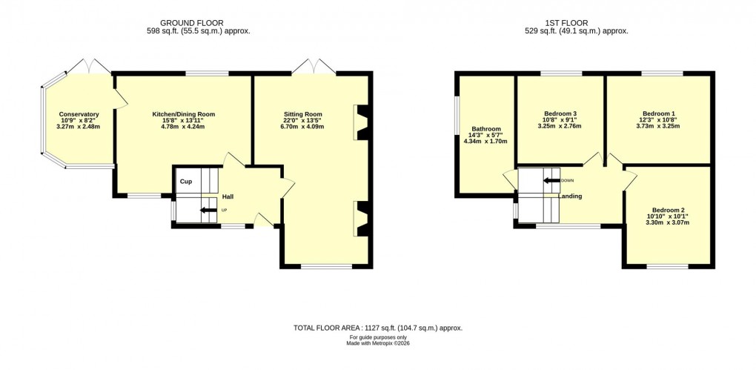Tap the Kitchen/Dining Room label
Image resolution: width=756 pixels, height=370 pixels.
click(x=183, y=114)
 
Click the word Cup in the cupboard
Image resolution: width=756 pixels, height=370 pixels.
click(x=186, y=181)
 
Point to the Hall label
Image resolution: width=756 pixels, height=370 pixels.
click(x=228, y=196)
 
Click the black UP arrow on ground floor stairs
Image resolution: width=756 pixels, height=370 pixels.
click(x=209, y=211)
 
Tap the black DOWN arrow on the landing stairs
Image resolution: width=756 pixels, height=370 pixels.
click(x=551, y=180)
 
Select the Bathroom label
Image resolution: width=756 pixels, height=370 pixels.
click(x=485, y=128)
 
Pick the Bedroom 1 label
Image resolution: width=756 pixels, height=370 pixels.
click(x=658, y=113)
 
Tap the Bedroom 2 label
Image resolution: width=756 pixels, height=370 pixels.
click(x=668, y=210)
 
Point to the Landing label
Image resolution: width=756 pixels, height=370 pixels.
click(x=570, y=196)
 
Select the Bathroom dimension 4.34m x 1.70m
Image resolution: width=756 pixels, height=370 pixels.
click(x=485, y=141)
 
